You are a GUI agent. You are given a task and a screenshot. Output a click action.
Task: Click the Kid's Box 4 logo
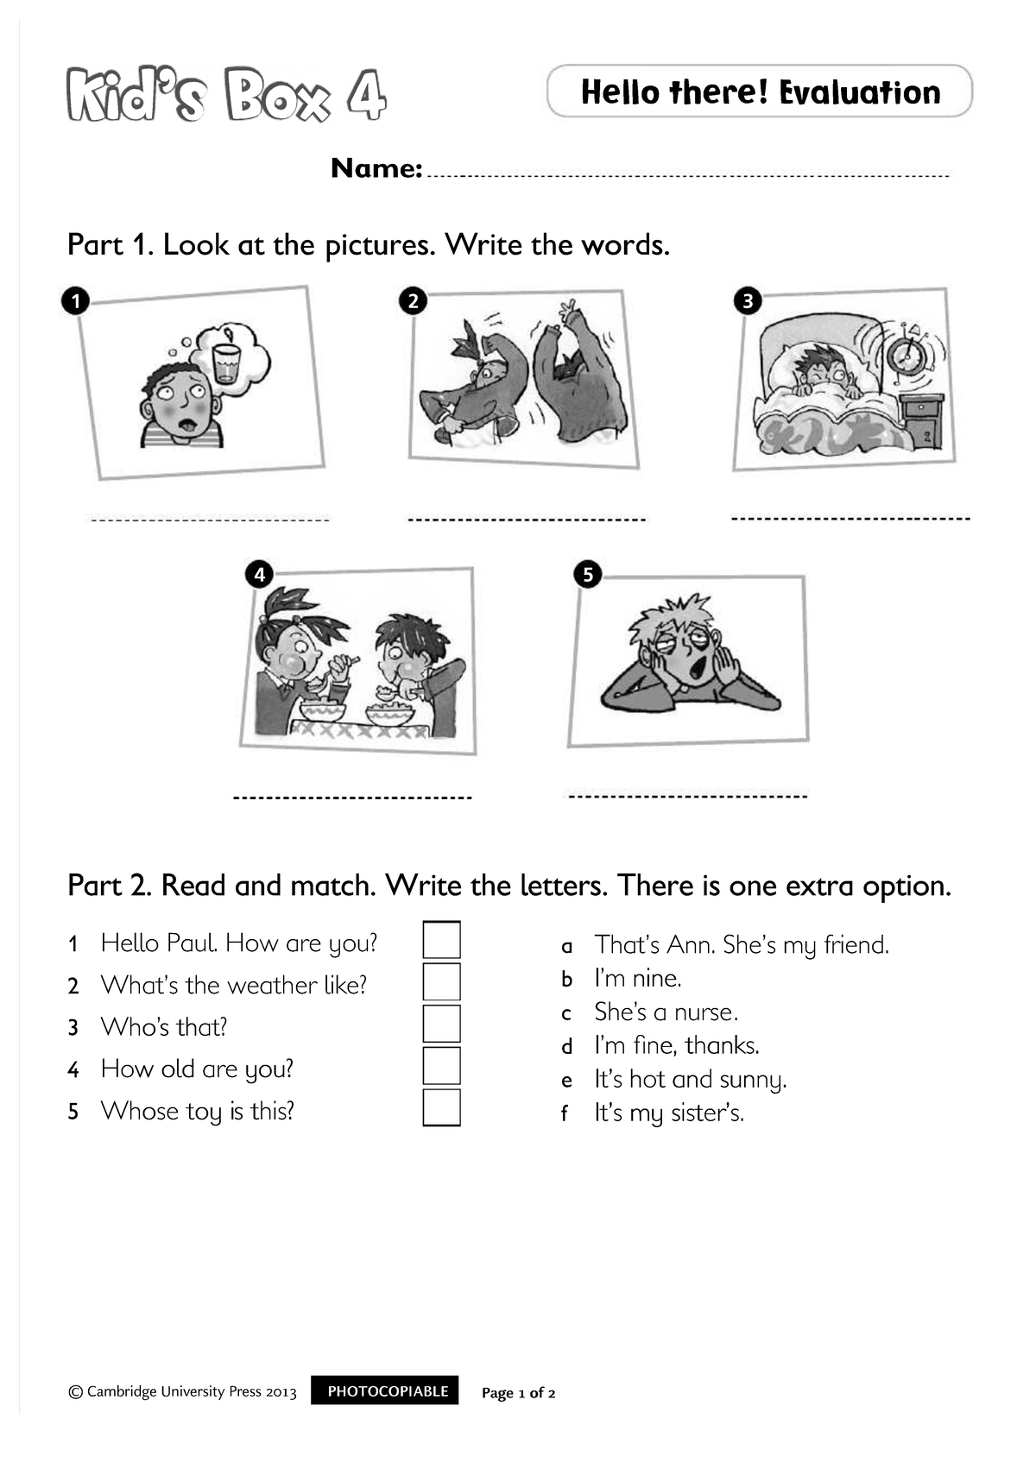(226, 95)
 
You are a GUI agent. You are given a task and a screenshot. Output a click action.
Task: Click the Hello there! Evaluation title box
(760, 91)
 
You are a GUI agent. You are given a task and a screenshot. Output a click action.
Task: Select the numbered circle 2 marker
(414, 300)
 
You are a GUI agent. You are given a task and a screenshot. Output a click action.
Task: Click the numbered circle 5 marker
(588, 575)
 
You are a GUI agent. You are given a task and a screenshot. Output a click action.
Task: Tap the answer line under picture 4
(352, 797)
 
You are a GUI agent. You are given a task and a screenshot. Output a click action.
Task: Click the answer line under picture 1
(210, 520)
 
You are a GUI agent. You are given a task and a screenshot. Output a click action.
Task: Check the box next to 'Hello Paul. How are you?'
(441, 940)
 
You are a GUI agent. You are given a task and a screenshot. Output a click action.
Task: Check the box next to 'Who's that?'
(441, 1024)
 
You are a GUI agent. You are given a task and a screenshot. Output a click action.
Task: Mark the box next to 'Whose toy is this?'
(441, 1108)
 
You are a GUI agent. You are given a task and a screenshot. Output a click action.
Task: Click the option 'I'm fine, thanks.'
(676, 1046)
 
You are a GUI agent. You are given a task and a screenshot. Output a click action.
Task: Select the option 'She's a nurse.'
(666, 1012)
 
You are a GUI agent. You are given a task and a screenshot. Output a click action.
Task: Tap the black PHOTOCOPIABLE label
(388, 1391)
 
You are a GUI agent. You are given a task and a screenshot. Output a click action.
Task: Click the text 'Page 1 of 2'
(518, 1393)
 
